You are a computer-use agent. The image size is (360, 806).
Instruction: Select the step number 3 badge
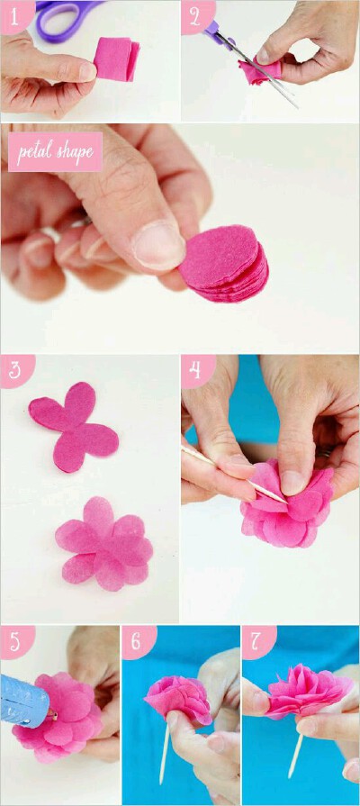coord(16,370)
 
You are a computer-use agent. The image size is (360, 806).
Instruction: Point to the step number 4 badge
coord(197,370)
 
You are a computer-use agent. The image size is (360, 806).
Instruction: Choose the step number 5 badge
coord(16,641)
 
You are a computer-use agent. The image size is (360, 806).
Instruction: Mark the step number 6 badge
coord(138,641)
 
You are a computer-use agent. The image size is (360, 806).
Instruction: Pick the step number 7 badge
coord(257,641)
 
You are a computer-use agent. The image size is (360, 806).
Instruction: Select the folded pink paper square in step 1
coord(117,59)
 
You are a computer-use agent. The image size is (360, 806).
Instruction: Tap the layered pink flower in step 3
coord(104,544)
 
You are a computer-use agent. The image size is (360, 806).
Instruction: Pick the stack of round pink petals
coord(225,263)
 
